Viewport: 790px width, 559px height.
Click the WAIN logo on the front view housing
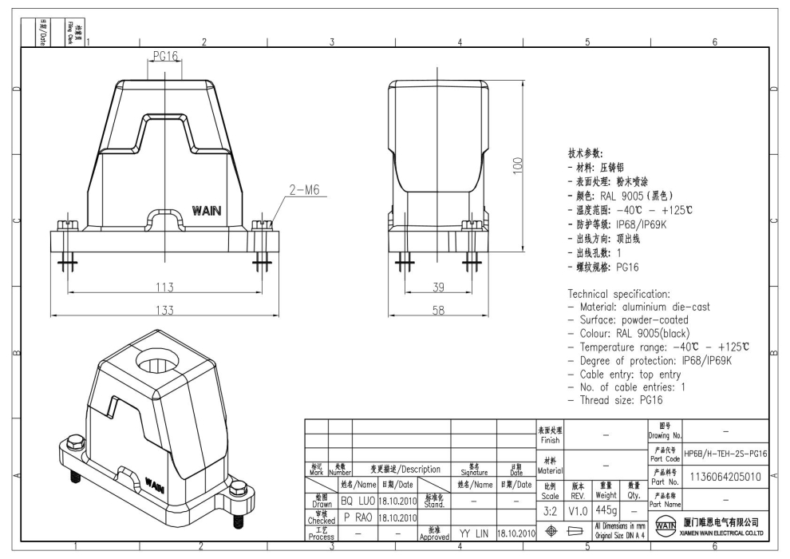(x=207, y=211)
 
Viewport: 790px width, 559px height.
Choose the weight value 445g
(x=606, y=509)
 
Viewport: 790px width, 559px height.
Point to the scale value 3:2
(x=550, y=509)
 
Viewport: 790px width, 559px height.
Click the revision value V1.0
(x=578, y=509)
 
